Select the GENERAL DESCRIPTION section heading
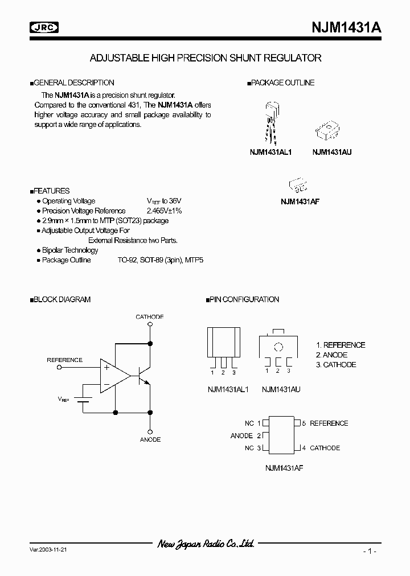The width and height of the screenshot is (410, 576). (x=73, y=83)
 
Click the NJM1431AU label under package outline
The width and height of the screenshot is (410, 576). (x=331, y=153)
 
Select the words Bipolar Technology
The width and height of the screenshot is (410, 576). (x=70, y=250)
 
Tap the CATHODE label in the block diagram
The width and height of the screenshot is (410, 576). (x=150, y=316)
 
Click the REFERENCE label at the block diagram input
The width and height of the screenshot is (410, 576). (x=64, y=360)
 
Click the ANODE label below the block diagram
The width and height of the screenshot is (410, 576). (x=150, y=439)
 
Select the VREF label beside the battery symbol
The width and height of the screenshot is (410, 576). (x=63, y=400)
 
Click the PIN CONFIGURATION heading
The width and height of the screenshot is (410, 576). (x=244, y=299)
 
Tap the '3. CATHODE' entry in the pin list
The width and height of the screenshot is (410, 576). (x=336, y=364)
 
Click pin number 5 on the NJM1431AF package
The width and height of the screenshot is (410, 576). (x=304, y=423)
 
